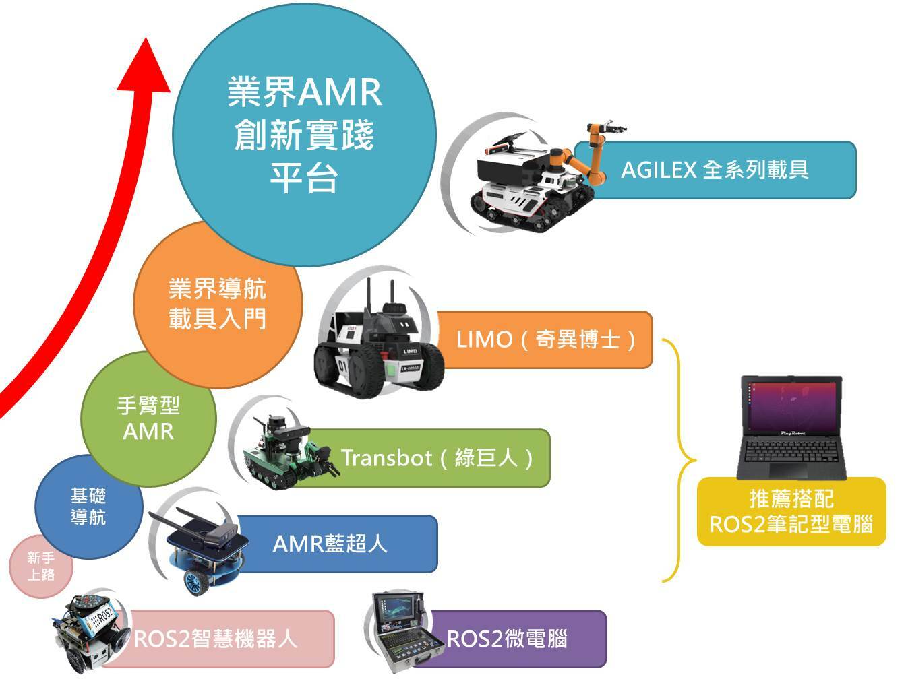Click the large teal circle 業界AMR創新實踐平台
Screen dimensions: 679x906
tap(304, 135)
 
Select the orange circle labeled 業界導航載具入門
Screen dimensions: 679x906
tap(217, 304)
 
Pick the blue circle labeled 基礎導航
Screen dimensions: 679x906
tap(88, 507)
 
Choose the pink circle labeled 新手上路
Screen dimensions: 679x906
tap(40, 567)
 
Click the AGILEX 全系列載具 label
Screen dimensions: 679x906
tap(715, 170)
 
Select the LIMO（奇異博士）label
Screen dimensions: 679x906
tap(546, 339)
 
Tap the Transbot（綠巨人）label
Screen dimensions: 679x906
tap(438, 458)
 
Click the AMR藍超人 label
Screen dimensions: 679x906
tap(330, 544)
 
